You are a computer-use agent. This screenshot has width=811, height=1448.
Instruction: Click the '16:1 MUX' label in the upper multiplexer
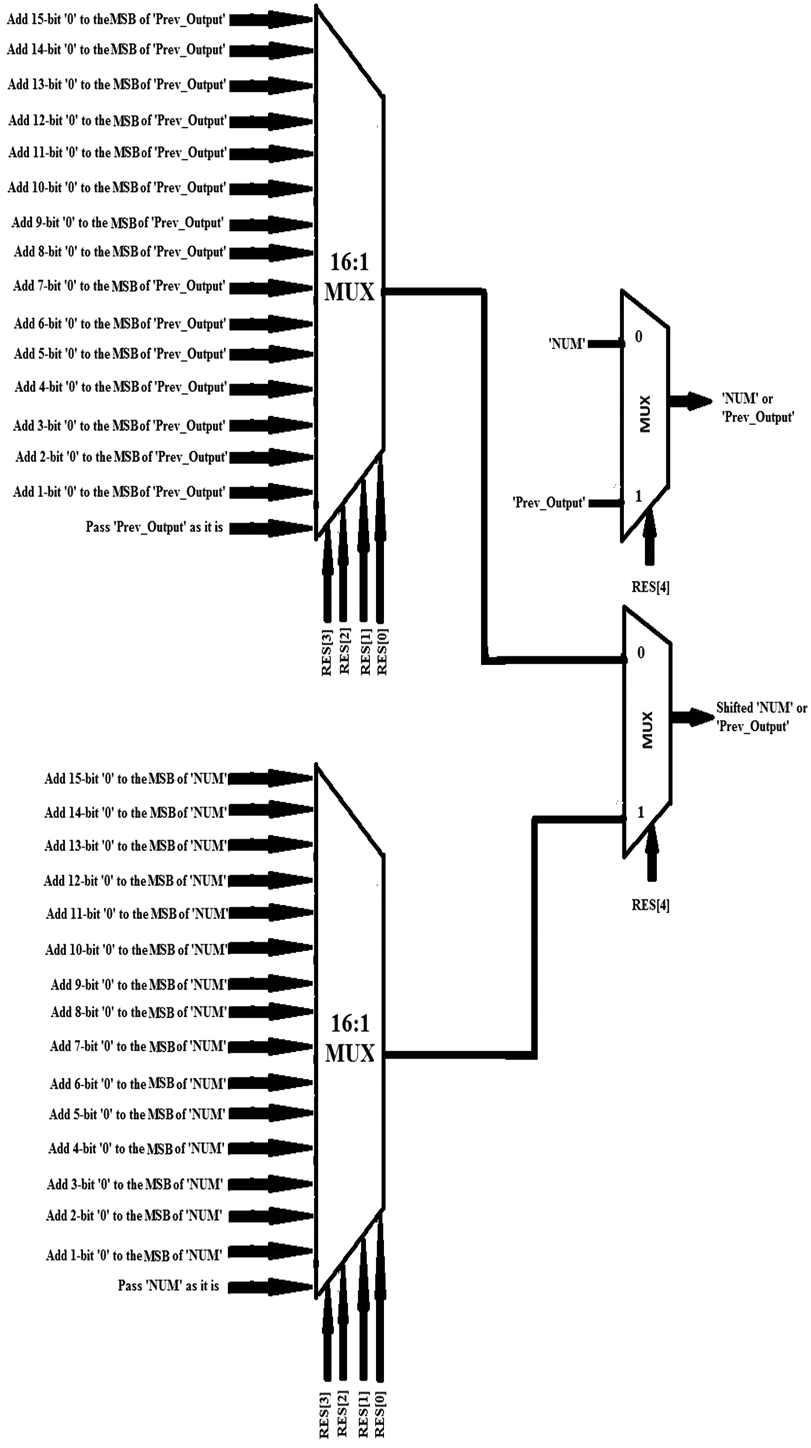coord(349,278)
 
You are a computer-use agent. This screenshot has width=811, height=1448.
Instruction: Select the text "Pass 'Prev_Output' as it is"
coord(154,528)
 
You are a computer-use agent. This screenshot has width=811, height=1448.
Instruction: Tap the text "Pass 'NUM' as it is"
coord(168,1286)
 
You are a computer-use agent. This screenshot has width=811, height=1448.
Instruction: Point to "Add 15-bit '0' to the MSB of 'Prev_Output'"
coord(116,20)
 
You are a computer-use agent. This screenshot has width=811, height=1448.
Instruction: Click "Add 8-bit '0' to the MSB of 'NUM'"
coord(138,1012)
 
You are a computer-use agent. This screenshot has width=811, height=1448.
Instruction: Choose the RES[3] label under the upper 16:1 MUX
coord(326,653)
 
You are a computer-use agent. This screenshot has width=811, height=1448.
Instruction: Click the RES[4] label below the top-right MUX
coord(650,587)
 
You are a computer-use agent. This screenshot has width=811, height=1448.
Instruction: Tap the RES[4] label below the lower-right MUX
coord(650,905)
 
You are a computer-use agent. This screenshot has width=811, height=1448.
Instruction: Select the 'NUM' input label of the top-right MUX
coord(567,344)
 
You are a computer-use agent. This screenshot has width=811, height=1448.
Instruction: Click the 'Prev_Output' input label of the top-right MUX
coord(549,502)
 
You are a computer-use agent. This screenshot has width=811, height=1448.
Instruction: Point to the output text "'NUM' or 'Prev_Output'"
coord(757,408)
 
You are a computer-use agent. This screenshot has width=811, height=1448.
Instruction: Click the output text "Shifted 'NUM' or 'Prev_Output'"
coord(761,717)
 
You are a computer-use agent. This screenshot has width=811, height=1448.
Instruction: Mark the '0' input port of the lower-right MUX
coord(640,653)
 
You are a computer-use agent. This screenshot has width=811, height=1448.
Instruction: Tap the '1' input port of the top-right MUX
coord(638,496)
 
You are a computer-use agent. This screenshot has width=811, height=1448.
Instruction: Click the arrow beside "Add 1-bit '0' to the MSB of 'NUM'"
coord(270,1255)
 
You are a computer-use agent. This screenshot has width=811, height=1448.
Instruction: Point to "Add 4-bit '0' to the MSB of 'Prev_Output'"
coord(121,387)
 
